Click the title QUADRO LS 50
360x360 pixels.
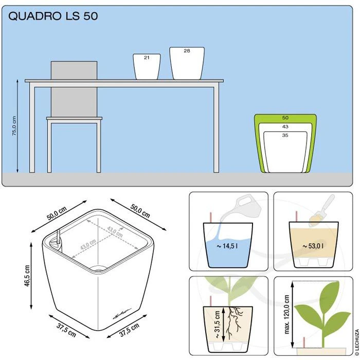pos(53,16)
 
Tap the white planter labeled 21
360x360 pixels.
pos(147,66)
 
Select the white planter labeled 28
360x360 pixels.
pos(187,63)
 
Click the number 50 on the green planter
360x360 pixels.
pos(285,118)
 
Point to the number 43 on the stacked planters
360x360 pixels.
pos(285,127)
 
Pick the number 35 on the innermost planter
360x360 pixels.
pos(285,135)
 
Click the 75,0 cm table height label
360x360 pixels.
pos(14,125)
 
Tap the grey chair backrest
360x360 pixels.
pos(74,89)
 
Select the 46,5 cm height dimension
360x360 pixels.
pos(27,276)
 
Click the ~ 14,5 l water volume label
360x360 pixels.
pos(227,246)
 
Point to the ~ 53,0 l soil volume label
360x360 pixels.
pos(313,246)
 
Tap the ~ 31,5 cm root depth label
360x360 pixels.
pos(217,324)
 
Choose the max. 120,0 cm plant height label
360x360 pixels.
pos(286,314)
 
